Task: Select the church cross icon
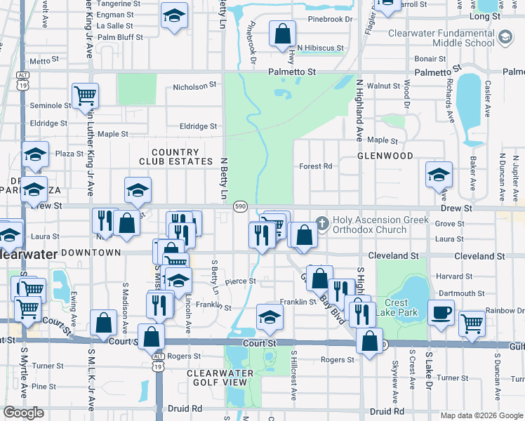click(x=322, y=224)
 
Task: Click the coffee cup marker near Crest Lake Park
click(x=441, y=313)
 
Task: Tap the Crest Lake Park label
click(x=396, y=307)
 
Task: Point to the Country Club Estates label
click(x=175, y=156)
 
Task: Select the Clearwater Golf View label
click(x=217, y=377)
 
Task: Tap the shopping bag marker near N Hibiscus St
click(x=282, y=33)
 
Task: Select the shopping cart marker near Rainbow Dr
click(x=472, y=324)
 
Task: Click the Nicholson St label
click(x=195, y=86)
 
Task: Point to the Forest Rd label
click(x=315, y=166)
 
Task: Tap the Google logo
click(x=23, y=413)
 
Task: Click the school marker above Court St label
click(x=270, y=317)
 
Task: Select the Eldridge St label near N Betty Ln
click(x=199, y=126)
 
